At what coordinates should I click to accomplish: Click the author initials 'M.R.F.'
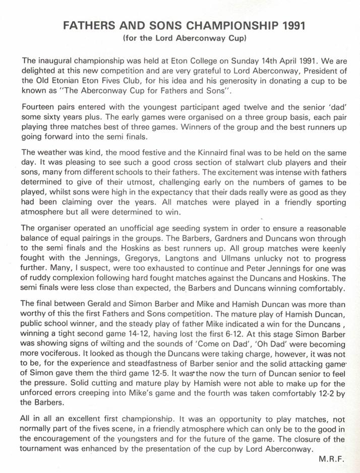tap(332, 459)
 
